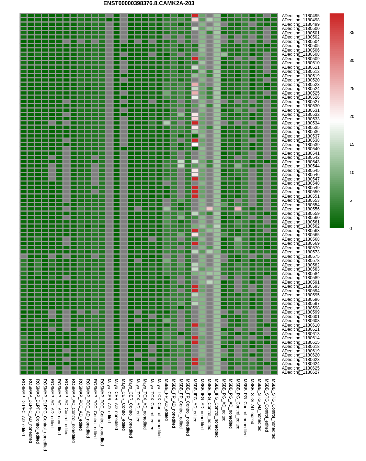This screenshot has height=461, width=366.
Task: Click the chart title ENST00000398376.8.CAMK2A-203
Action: pos(149,3)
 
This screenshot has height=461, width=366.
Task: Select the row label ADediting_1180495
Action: pos(300,16)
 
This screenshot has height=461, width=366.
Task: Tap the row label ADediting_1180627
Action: pos(300,372)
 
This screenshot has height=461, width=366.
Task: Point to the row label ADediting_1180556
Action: pos(300,209)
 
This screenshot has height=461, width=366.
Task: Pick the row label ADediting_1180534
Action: pos(300,123)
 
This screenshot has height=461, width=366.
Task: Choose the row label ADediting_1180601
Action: pos(300,317)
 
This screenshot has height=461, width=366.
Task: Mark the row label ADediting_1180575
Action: pos(300,256)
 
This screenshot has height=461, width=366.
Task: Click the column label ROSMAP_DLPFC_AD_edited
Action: pos(23,407)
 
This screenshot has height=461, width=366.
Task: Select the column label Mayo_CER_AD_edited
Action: pos(109,401)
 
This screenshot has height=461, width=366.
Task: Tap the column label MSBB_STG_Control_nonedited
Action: pos(274,409)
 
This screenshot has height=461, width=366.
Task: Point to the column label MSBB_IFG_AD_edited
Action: pos(195,401)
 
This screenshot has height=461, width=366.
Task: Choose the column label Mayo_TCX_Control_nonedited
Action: pos(159,408)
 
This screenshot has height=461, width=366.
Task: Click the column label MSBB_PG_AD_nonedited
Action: pos(231,404)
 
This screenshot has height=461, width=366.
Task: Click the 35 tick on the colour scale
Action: pos(352,33)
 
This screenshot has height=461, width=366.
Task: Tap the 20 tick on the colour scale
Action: pos(352,117)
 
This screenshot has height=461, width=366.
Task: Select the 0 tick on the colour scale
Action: pos(351,229)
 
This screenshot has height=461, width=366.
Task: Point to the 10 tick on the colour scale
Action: pos(352,173)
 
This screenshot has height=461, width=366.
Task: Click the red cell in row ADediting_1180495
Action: pos(195,16)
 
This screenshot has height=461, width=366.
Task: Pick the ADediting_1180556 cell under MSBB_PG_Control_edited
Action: pos(238,209)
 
